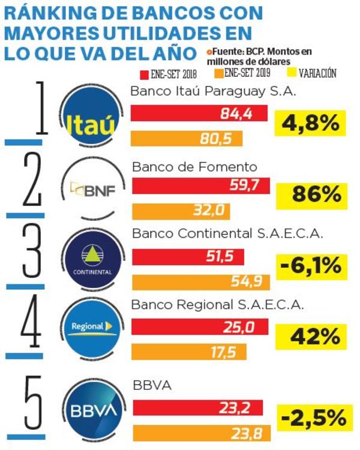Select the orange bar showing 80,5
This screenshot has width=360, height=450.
coord(187,139)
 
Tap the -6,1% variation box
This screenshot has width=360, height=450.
coord(310,265)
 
